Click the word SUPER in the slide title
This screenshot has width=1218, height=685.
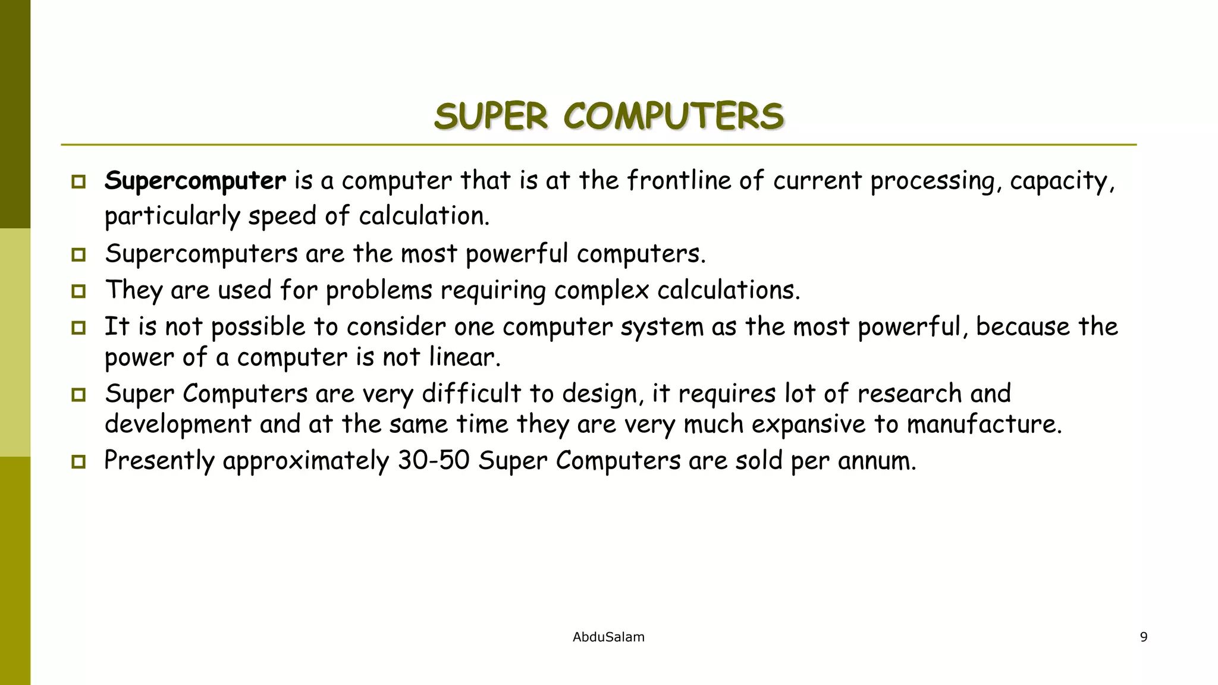(491, 116)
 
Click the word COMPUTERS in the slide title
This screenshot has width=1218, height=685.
(673, 116)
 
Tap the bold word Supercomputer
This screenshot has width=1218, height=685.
(195, 181)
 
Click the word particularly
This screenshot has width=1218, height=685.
(172, 216)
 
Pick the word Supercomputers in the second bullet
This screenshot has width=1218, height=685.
(201, 254)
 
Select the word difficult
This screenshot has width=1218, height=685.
(471, 394)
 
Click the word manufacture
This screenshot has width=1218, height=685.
(984, 425)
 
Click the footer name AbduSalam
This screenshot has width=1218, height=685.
(608, 637)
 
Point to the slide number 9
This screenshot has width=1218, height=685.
(1143, 637)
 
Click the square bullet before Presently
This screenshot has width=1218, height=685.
(79, 462)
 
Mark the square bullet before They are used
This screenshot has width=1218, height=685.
(79, 291)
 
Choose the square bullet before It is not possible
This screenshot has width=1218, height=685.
(79, 328)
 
